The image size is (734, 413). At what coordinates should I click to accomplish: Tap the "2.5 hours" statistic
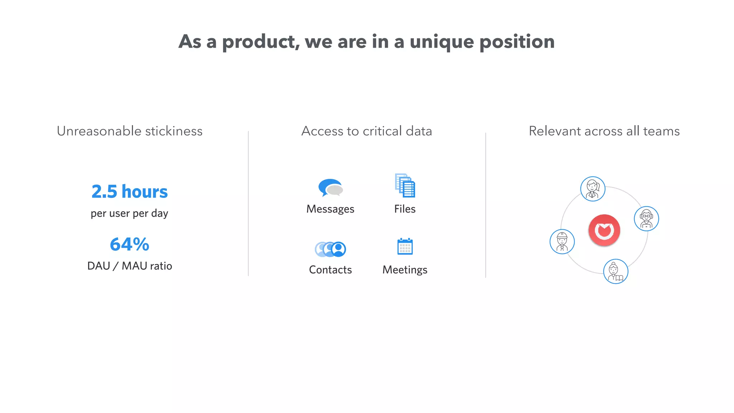coord(129,191)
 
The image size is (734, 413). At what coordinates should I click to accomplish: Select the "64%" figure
coord(129,245)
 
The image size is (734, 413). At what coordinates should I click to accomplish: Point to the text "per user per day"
coord(129,213)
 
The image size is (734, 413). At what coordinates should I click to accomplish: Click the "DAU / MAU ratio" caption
coord(129,266)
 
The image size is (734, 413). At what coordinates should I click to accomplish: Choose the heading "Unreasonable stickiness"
coord(129,131)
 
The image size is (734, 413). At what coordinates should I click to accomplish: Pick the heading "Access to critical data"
coord(367,131)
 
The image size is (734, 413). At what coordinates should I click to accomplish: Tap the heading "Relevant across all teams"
coord(604,131)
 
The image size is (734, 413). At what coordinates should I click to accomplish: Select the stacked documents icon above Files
coord(405,185)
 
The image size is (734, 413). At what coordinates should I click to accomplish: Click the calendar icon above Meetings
coord(405,247)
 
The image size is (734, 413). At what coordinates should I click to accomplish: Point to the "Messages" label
coord(330,209)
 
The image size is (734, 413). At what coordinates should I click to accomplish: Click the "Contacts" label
coord(330,270)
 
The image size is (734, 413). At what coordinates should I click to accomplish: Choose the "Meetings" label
coord(405,270)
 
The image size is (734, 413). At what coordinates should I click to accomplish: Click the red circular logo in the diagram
coord(604,230)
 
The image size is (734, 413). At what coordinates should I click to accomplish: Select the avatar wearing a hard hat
coord(562,242)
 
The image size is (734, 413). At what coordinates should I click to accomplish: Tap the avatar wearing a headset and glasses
coord(646,219)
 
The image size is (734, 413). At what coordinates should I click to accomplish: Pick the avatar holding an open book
coord(616,271)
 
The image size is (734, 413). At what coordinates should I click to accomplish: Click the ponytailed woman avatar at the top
coord(593,189)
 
